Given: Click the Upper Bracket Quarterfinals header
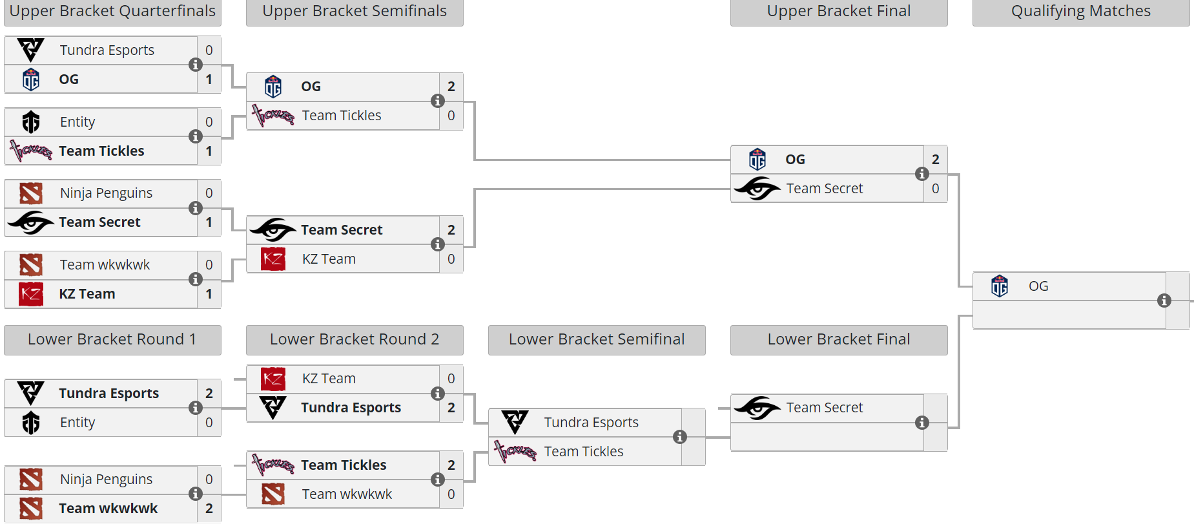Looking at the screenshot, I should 112,12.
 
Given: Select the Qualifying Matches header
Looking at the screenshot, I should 1080,12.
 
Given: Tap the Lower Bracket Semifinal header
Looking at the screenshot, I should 596,339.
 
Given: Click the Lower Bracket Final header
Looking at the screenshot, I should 838,339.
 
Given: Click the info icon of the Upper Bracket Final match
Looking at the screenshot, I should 922,174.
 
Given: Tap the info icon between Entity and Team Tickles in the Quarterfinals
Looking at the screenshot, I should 196,136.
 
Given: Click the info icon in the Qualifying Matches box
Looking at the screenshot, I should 1164,301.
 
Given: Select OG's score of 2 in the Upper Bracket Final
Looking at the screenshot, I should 936,160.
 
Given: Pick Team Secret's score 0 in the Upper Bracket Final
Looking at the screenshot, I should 936,189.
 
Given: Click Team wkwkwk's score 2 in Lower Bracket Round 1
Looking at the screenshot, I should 209,509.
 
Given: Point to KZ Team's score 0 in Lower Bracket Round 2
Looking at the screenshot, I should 451,379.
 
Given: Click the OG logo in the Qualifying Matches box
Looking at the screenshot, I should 1000,286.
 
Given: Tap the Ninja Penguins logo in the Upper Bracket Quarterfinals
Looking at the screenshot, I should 31,193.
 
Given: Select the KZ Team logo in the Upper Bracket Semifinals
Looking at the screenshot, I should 273,259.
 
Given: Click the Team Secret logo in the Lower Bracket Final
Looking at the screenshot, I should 757,408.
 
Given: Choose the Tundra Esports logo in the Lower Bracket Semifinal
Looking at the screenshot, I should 515,423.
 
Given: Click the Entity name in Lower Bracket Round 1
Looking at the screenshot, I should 77,423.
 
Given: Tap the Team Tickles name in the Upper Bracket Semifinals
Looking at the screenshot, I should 342,116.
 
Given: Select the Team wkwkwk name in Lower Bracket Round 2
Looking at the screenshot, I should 347,494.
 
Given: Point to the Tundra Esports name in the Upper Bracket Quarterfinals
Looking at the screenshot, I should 107,50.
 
